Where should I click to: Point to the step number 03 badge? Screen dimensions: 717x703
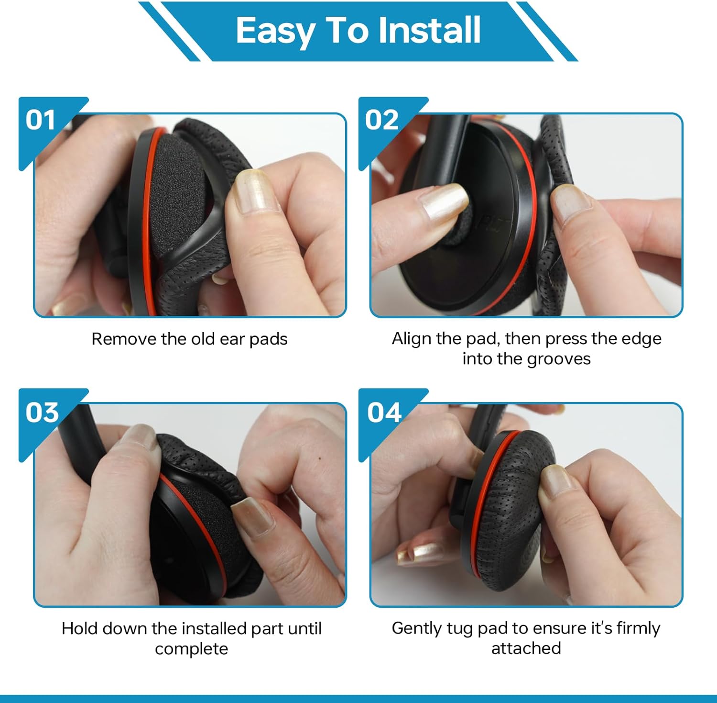coord(42,412)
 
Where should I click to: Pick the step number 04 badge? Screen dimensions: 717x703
coord(384,412)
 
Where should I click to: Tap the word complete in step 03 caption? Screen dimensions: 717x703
coord(191,649)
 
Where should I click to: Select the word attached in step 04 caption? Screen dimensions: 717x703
coord(526,648)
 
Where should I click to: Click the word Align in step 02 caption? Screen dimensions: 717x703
coord(409,339)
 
